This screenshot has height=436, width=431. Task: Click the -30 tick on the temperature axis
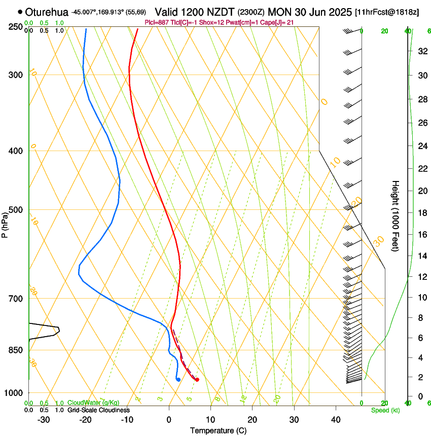pyautogui.click(x=44, y=420)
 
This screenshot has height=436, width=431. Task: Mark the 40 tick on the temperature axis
pyautogui.click(x=336, y=420)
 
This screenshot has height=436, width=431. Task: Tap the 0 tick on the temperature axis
pyautogui.click(x=169, y=420)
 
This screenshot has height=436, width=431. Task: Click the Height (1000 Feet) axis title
pyautogui.click(x=396, y=215)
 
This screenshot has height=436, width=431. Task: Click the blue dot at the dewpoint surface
pyautogui.click(x=178, y=379)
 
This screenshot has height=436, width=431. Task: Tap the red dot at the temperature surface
pyautogui.click(x=197, y=379)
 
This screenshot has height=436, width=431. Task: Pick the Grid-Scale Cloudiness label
pyautogui.click(x=98, y=410)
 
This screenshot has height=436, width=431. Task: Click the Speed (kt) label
pyautogui.click(x=385, y=410)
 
